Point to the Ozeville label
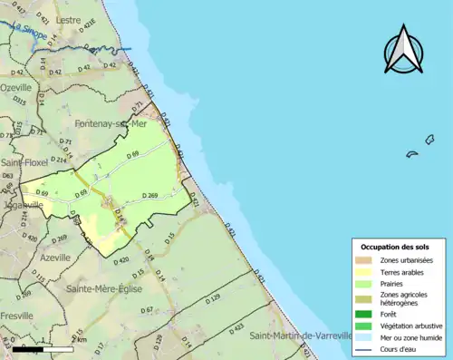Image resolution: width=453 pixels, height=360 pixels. pyautogui.click(x=16, y=87)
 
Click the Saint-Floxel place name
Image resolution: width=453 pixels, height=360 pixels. pyautogui.click(x=24, y=163)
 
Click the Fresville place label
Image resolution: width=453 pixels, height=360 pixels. pyautogui.click(x=16, y=316)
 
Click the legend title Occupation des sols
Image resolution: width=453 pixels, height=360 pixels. pyautogui.click(x=395, y=247)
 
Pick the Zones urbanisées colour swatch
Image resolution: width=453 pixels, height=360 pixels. pyautogui.click(x=368, y=261)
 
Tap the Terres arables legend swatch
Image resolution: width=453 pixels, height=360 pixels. pyautogui.click(x=368, y=272)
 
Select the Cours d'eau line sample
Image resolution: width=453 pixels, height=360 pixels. pyautogui.click(x=368, y=347)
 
